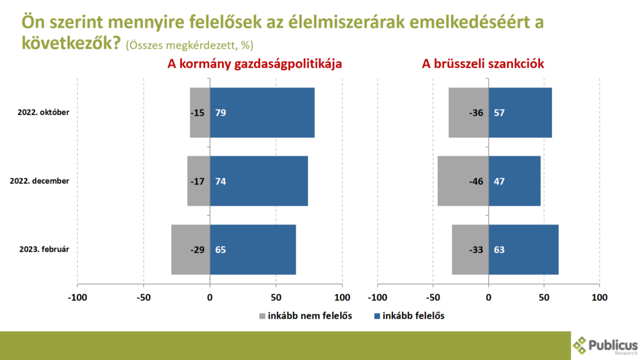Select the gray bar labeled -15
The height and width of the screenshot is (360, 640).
click(200, 112)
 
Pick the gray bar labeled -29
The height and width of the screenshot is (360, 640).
click(191, 249)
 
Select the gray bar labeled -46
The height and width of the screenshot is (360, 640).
click(462, 181)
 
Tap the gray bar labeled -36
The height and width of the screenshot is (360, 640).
click(468, 112)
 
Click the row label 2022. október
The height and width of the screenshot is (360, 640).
click(43, 112)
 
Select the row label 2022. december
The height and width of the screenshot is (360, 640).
click(39, 181)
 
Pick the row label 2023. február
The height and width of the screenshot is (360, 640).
click(43, 249)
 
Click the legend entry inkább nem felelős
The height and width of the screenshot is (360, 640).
click(306, 316)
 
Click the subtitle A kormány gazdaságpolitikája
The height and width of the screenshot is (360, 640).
click(254, 64)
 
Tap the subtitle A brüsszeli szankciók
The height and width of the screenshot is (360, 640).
click(483, 64)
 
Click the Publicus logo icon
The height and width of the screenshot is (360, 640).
click(581, 345)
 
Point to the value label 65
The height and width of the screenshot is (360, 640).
click(220, 249)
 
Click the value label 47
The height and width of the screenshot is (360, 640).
click(499, 181)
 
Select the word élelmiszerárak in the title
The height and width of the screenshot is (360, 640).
click(344, 23)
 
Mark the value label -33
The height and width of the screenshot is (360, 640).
click(477, 249)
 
